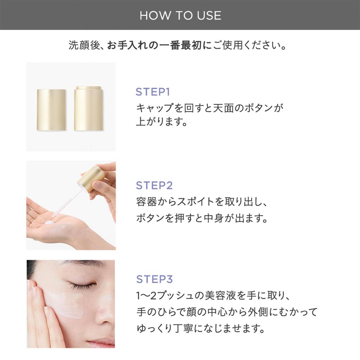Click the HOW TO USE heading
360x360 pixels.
180,15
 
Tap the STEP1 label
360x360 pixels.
153,92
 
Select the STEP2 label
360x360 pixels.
154,185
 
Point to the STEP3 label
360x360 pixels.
154,279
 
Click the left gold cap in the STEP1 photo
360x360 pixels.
52,110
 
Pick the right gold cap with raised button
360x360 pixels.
88,108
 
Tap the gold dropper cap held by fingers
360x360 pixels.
91,179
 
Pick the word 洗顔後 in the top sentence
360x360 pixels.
84,45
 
